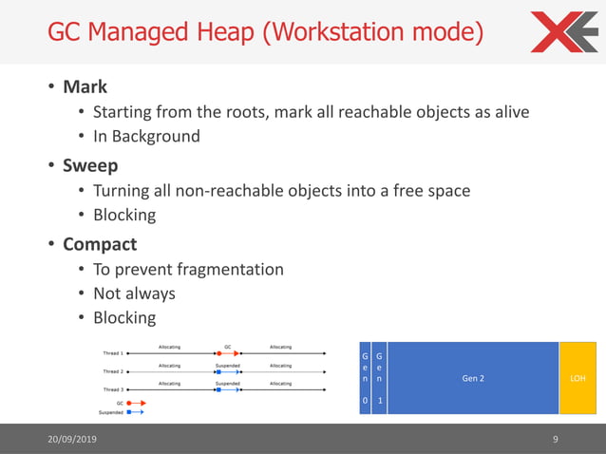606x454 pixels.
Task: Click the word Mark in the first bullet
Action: (x=85, y=87)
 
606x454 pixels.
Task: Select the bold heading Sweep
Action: (x=90, y=165)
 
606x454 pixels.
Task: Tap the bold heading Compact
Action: (x=100, y=244)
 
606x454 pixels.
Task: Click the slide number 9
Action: (x=556, y=439)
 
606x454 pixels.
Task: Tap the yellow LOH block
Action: (x=577, y=378)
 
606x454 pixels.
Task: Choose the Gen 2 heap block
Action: (x=473, y=378)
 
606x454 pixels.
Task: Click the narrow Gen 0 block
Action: (x=365, y=378)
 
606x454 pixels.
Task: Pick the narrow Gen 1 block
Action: (x=380, y=378)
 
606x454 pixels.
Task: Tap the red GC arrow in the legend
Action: (x=134, y=403)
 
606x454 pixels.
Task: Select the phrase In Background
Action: (x=146, y=136)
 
